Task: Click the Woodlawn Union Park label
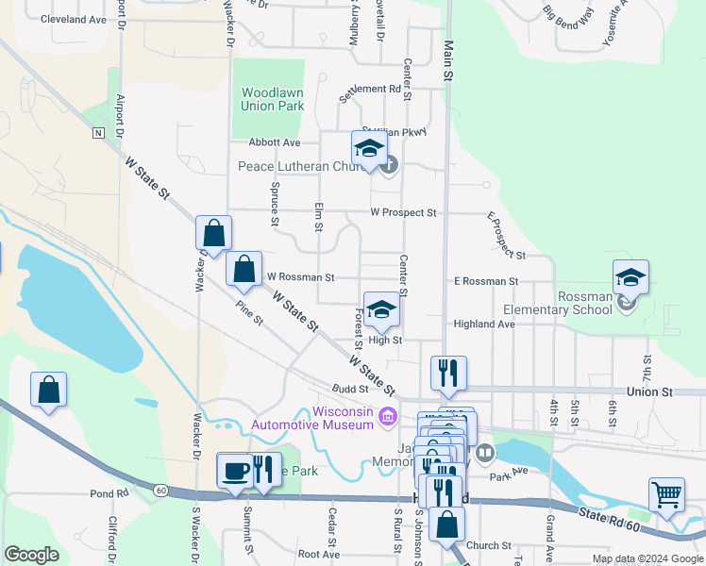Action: point(272,99)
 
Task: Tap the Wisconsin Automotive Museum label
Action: point(311,418)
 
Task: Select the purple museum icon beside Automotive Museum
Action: point(386,416)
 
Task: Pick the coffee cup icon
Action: point(235,469)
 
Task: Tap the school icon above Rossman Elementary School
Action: point(630,276)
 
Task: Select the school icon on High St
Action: point(381,308)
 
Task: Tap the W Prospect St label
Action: point(403,213)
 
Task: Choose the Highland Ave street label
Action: point(484,324)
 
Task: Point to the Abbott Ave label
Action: point(274,142)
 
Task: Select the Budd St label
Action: point(349,389)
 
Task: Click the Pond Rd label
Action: point(109,493)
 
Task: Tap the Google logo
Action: point(31,555)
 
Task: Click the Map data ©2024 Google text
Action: point(647,558)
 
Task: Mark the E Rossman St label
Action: point(486,281)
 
